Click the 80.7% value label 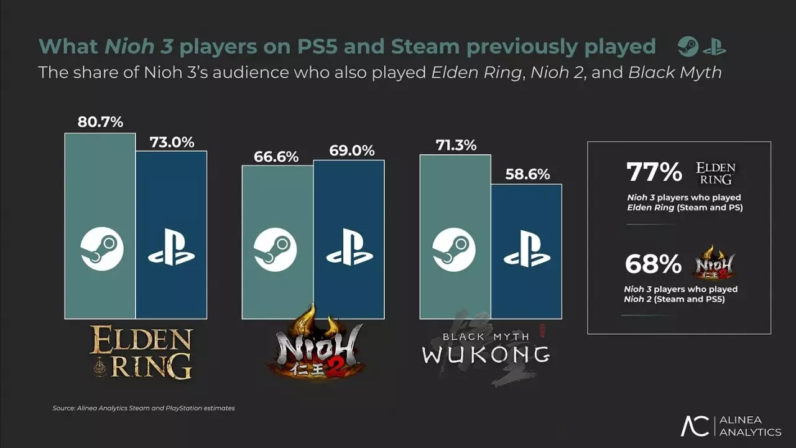(x=100, y=123)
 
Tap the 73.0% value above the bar (x=172, y=142)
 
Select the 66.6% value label (x=277, y=157)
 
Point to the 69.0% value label (x=349, y=151)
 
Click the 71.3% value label (x=455, y=146)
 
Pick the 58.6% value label (x=527, y=175)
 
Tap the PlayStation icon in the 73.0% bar (x=172, y=249)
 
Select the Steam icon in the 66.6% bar (x=275, y=249)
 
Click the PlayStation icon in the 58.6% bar (x=527, y=249)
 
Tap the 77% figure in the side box (x=654, y=172)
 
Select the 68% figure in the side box (x=653, y=264)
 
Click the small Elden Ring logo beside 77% (x=715, y=174)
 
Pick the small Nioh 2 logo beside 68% (x=714, y=263)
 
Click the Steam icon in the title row (x=688, y=47)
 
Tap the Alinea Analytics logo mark (x=695, y=426)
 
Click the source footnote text (x=144, y=408)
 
